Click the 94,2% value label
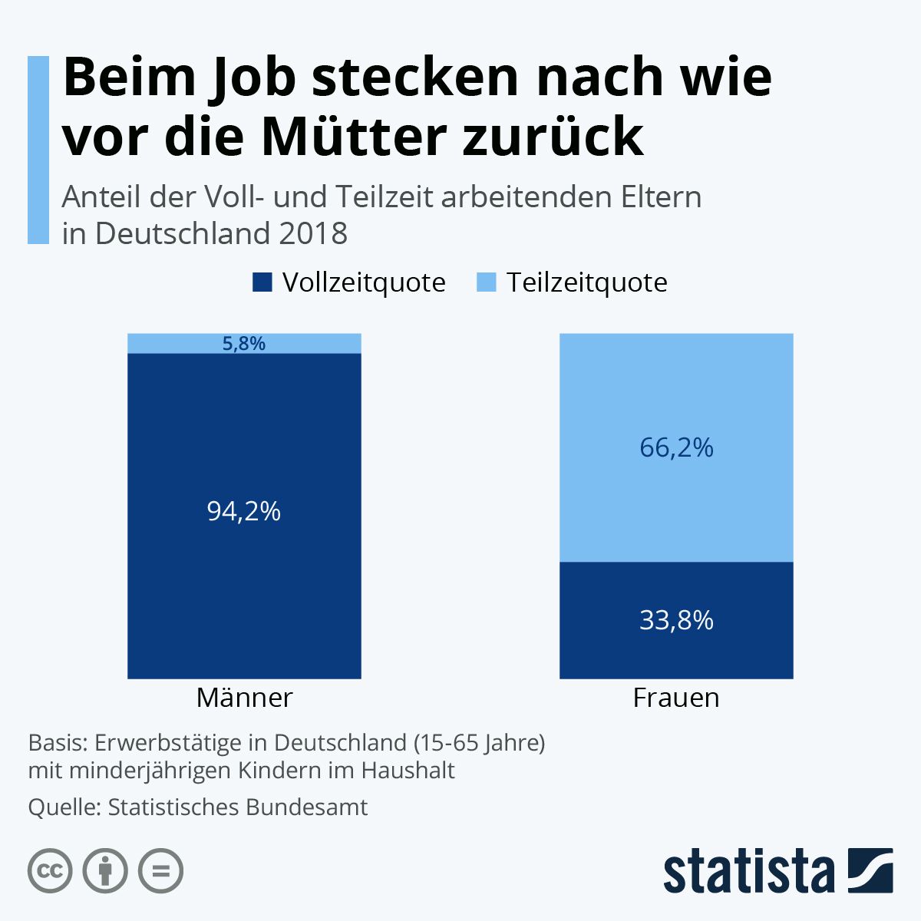[244, 511]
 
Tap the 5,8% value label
[244, 344]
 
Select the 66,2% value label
[676, 447]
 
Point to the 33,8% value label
[676, 620]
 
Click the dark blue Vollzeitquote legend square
[262, 282]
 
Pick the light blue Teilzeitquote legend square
[487, 282]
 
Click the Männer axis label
[244, 698]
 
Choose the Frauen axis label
[676, 698]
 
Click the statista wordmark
[748, 872]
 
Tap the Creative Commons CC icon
[50, 871]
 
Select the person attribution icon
[105, 871]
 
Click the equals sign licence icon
[160, 871]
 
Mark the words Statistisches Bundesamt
[238, 807]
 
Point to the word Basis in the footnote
[56, 743]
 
